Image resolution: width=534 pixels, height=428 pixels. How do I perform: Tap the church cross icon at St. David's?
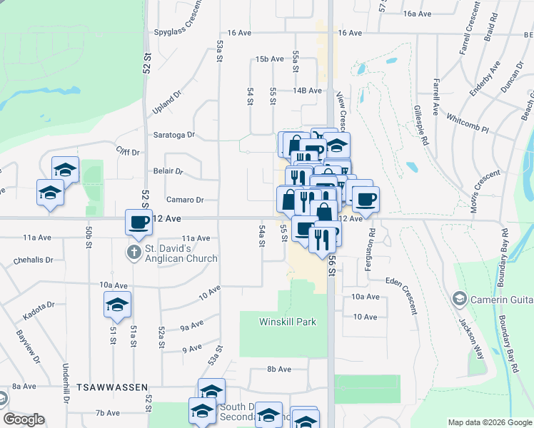coord(133,252)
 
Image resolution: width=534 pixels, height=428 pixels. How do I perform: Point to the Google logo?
coord(24,419)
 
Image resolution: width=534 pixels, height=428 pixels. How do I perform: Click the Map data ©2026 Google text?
coord(489,422)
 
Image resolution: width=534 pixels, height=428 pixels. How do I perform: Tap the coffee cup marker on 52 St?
coord(138,222)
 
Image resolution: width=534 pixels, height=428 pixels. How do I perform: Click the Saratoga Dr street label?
coord(175,134)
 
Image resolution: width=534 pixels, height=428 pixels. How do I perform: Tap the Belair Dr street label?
coord(168,171)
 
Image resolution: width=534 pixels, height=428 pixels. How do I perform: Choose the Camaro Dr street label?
coord(185,200)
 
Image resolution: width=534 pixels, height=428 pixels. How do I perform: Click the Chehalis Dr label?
coord(34,260)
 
